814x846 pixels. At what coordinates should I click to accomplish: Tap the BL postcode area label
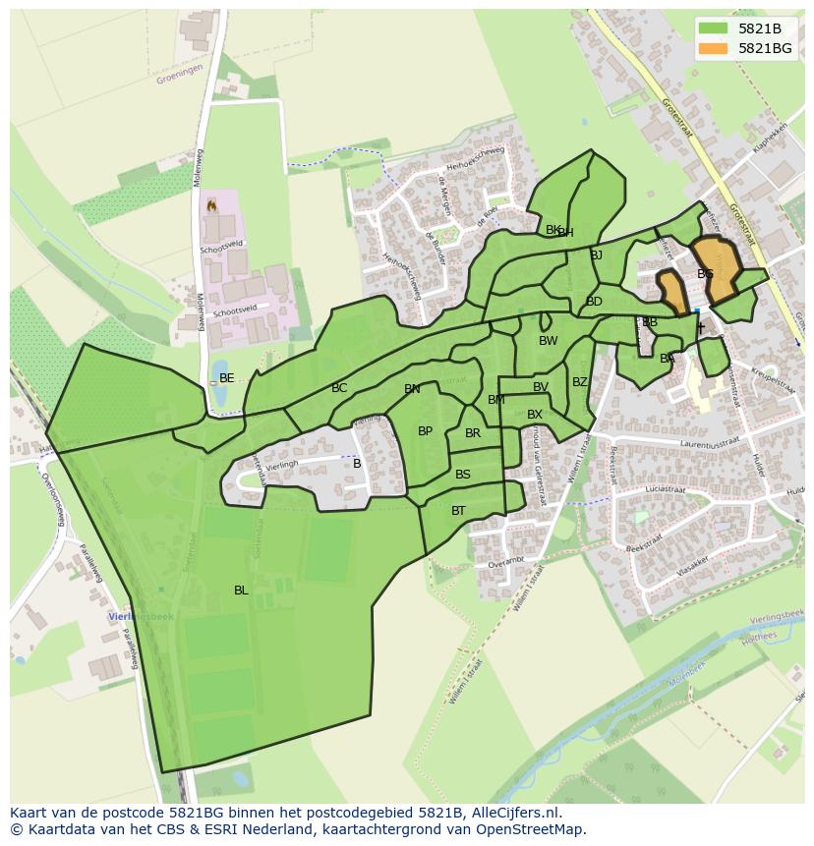241,591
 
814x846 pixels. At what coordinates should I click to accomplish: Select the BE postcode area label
227,378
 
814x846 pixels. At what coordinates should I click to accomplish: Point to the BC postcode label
339,389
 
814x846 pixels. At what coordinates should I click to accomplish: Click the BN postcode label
412,390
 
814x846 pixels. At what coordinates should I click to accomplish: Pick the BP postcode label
425,431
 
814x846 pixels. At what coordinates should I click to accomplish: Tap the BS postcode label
463,475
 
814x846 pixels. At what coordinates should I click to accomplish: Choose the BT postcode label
458,511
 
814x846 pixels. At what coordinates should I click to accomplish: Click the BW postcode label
548,342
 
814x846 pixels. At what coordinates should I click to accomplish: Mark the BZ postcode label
580,382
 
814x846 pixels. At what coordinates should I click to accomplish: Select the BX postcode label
535,415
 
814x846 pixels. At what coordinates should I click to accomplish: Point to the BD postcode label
594,302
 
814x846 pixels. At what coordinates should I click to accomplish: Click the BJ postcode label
596,255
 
